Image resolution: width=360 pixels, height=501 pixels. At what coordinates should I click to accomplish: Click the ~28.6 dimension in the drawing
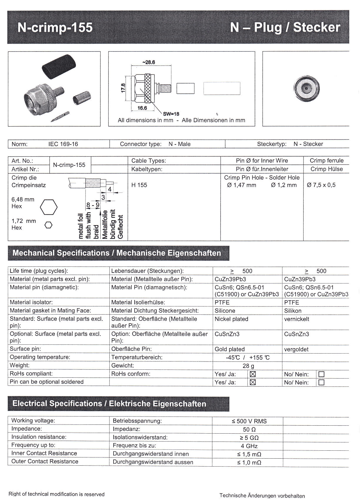148,62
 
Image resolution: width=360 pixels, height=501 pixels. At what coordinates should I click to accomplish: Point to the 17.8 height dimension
123,88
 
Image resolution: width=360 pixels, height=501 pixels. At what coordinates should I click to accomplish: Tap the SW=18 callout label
171,114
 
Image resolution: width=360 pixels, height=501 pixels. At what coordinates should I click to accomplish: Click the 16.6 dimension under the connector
142,108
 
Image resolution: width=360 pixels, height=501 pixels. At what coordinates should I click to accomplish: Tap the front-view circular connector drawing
306,88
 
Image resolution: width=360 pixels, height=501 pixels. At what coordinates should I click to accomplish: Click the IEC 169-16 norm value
63,144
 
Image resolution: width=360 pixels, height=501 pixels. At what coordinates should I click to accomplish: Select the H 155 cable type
139,185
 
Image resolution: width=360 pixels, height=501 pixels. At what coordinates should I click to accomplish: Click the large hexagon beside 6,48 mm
49,207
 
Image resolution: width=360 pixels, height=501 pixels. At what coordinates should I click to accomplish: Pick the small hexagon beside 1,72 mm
49,225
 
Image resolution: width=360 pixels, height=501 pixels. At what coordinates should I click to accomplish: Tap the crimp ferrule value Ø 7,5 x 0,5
321,185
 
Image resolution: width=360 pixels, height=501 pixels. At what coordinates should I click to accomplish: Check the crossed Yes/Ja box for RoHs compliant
252,374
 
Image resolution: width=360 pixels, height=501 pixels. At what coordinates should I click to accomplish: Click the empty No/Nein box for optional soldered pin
321,382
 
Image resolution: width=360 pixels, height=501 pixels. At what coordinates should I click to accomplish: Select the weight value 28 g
248,366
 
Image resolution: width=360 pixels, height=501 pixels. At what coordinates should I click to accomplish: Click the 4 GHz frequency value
249,446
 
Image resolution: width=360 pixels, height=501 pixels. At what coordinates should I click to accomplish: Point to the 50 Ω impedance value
249,429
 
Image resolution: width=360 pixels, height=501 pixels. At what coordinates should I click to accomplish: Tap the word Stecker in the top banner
316,27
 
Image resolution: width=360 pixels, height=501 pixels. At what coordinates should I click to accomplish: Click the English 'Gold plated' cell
230,349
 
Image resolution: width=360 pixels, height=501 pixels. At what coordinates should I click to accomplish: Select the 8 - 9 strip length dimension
93,205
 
